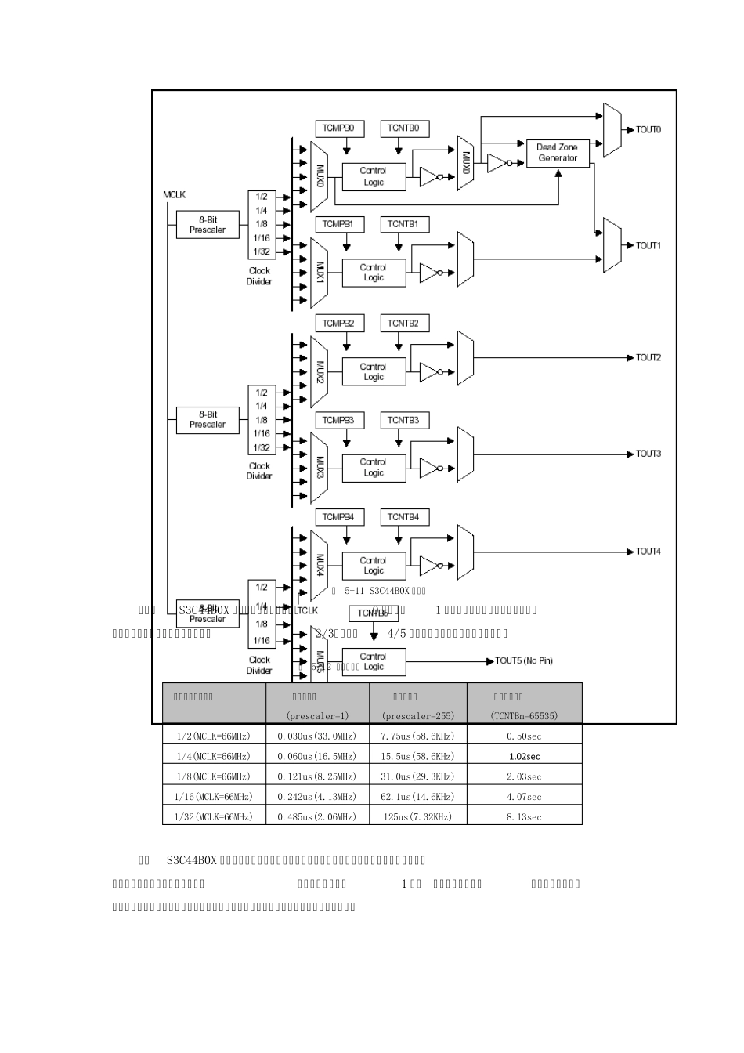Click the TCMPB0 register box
[x=338, y=128]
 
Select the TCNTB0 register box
[x=403, y=128]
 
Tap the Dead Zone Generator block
[x=558, y=153]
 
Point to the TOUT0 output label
[x=648, y=130]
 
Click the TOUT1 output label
[x=648, y=246]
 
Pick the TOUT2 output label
[x=648, y=358]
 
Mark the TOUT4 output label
[x=648, y=552]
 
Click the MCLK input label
[x=175, y=195]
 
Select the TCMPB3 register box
[x=338, y=421]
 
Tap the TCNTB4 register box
[x=403, y=517]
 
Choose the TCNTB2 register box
[x=403, y=324]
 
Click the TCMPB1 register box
[x=338, y=225]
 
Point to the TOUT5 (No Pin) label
[x=524, y=661]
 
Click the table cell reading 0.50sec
[x=524, y=736]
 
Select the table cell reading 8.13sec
[x=524, y=817]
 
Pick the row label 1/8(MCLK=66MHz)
[x=214, y=776]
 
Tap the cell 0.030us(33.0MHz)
[x=317, y=736]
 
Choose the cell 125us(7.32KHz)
[x=418, y=817]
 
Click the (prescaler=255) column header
[x=418, y=715]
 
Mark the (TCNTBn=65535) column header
[x=524, y=715]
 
